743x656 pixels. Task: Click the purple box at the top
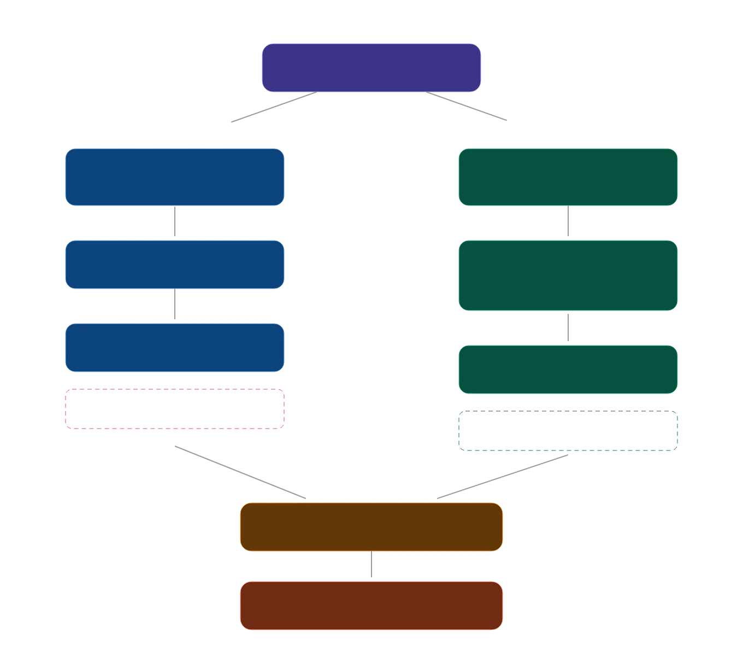[x=371, y=68]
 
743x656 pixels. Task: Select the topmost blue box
[x=175, y=177]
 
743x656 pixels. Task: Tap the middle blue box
[x=175, y=265]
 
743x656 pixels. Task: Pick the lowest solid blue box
[x=175, y=348]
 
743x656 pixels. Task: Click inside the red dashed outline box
[x=175, y=408]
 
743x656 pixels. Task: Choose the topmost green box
[x=568, y=177]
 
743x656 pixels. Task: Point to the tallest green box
[x=568, y=276]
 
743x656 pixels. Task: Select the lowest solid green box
[x=568, y=370]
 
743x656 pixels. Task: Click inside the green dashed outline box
[x=568, y=431]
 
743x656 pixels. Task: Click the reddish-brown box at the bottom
[x=371, y=606]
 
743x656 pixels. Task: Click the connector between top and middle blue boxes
[x=175, y=223]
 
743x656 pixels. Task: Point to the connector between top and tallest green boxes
[x=568, y=223]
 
